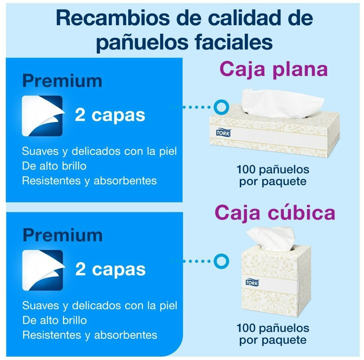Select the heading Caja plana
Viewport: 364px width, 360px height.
point(273,69)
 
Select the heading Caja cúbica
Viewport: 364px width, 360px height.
point(275,212)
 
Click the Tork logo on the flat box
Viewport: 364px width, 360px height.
point(223,133)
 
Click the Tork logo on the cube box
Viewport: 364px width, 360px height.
point(252,283)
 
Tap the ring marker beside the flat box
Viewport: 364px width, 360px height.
point(221,107)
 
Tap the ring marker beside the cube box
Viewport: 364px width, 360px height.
point(221,261)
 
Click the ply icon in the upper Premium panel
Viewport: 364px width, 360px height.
point(42,116)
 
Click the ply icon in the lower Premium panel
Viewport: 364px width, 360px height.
point(43,270)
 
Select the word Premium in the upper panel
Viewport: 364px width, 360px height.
point(62,81)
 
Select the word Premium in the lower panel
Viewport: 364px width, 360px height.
point(63,235)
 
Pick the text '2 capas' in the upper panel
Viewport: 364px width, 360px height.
point(110,115)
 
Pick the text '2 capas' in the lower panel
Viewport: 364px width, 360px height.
point(110,270)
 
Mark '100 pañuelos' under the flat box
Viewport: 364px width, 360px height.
point(273,169)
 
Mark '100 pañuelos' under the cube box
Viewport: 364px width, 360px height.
point(273,328)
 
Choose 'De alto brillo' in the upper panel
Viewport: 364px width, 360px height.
point(54,166)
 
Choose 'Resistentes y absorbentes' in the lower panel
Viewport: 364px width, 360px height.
point(90,335)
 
